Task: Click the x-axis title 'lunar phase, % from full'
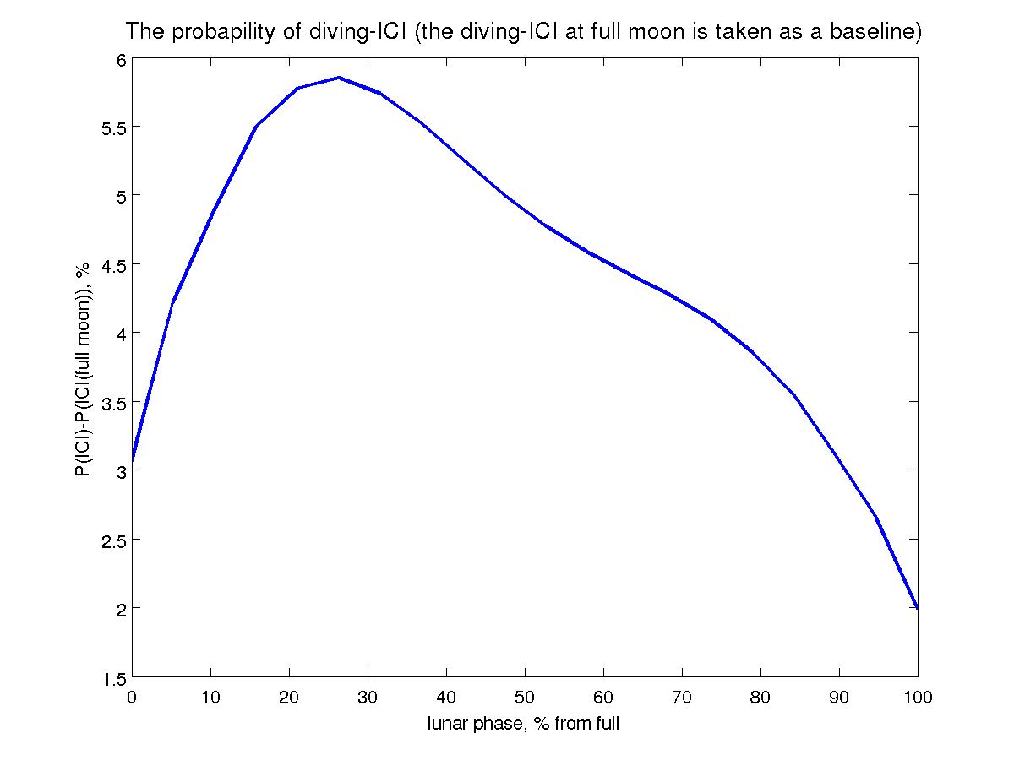click(524, 724)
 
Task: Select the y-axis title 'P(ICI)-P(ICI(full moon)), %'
click(84, 367)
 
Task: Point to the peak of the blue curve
click(338, 77)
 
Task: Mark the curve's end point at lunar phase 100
click(917, 607)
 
